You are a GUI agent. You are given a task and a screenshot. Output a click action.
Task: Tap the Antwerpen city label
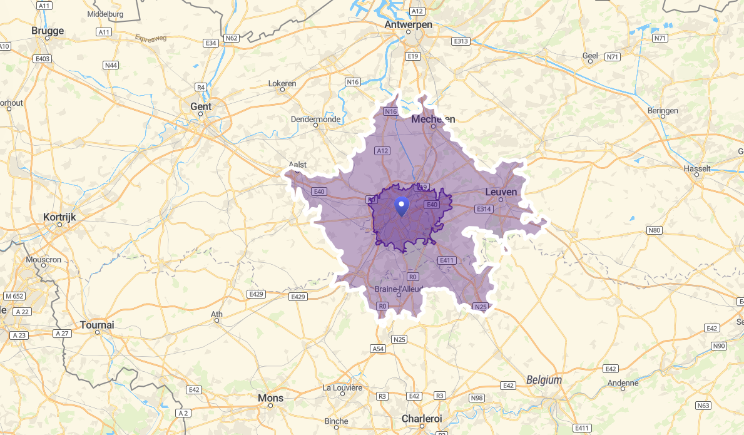[x=409, y=24]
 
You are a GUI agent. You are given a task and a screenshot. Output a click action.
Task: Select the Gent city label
[x=201, y=106]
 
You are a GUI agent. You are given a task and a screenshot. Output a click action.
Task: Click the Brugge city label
[x=48, y=31]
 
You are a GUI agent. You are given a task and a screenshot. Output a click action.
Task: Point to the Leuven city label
[x=501, y=192]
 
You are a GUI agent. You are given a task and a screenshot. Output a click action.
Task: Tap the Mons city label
[x=270, y=398]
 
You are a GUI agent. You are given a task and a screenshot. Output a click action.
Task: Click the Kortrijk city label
[x=59, y=217]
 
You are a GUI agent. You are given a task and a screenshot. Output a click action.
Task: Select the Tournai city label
[x=97, y=325]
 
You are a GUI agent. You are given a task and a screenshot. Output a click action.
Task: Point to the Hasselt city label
[x=697, y=168]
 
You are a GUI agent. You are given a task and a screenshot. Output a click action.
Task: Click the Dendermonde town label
[x=315, y=119]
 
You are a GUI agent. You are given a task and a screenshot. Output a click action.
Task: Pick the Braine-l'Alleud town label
[x=399, y=289]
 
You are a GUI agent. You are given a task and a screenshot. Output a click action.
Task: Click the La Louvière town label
[x=342, y=387]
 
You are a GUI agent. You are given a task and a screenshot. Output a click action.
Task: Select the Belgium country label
[x=544, y=380]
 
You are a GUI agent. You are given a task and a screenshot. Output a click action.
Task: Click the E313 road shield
[x=461, y=41]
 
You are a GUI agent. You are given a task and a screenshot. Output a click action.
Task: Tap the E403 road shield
[x=41, y=58]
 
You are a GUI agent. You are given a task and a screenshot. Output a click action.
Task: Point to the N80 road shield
[x=654, y=230]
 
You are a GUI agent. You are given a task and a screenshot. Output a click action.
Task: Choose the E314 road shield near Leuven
[x=484, y=209]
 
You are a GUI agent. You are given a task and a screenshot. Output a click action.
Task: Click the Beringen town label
[x=663, y=111]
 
